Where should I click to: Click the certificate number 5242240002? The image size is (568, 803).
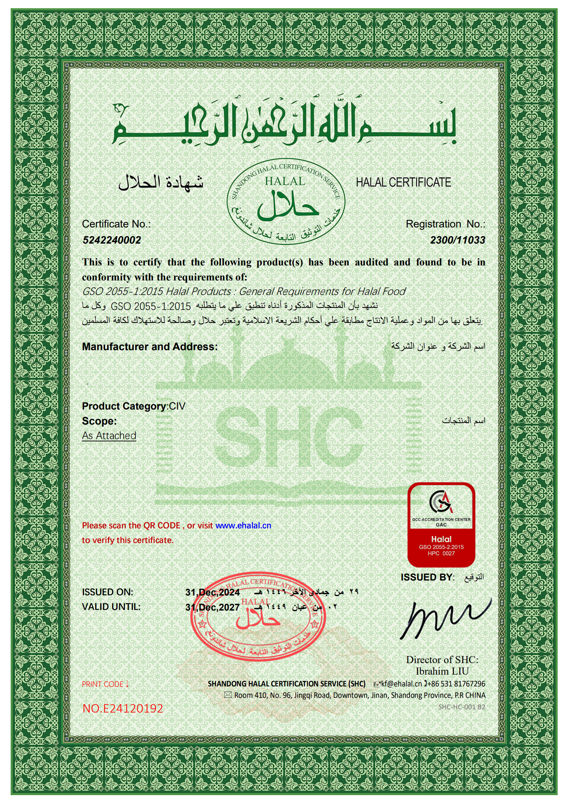pyautogui.click(x=112, y=240)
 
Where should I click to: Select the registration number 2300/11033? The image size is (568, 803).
pyautogui.click(x=457, y=240)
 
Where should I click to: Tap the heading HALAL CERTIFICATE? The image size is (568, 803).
pyautogui.click(x=403, y=182)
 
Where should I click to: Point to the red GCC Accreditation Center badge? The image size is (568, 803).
pyautogui.click(x=441, y=525)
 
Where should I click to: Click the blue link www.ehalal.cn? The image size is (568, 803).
pyautogui.click(x=243, y=525)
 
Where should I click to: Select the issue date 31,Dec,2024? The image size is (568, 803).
pyautogui.click(x=212, y=592)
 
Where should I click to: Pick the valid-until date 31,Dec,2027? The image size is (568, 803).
pyautogui.click(x=212, y=607)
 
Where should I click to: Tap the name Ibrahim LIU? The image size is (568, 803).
pyautogui.click(x=442, y=671)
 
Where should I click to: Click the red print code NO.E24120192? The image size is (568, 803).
pyautogui.click(x=123, y=709)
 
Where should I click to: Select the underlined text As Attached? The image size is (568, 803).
pyautogui.click(x=109, y=436)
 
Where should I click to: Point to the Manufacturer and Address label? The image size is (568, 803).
pyautogui.click(x=150, y=347)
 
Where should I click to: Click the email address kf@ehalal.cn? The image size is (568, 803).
pyautogui.click(x=401, y=684)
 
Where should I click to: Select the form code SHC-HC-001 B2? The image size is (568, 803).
pyautogui.click(x=461, y=707)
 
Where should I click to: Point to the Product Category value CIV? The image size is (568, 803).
pyautogui.click(x=177, y=406)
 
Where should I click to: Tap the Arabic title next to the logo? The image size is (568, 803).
pyautogui.click(x=161, y=182)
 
